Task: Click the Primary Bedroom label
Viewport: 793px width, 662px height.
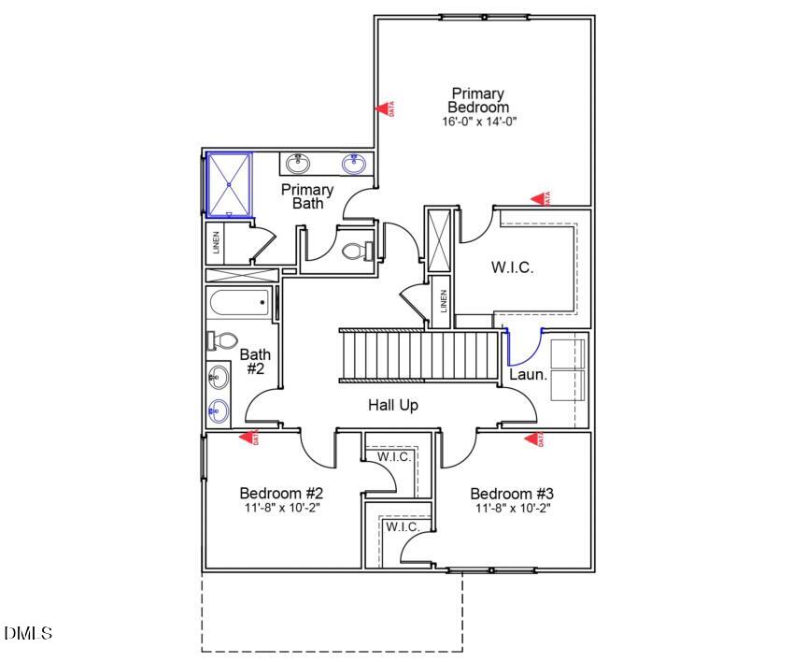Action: click(x=478, y=100)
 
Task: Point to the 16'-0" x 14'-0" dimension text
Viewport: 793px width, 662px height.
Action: click(x=479, y=122)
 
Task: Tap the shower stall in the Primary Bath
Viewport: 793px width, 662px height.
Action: click(x=229, y=183)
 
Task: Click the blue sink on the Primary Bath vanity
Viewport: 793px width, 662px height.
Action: click(x=354, y=165)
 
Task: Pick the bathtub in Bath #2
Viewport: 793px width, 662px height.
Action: click(x=240, y=303)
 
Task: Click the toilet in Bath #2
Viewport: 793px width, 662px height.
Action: click(x=222, y=340)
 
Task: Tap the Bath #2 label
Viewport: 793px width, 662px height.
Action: click(x=255, y=362)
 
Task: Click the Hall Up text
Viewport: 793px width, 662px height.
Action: click(x=391, y=405)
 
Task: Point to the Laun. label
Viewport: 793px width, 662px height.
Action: click(x=528, y=375)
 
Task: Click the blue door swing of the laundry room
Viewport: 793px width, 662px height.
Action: click(x=523, y=350)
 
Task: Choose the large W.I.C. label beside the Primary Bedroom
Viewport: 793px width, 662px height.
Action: click(x=512, y=267)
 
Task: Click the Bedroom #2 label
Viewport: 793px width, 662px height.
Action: click(x=281, y=494)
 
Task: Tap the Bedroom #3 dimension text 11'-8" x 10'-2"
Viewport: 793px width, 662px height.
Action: click(x=513, y=509)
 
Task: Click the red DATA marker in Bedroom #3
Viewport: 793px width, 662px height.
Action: click(x=534, y=439)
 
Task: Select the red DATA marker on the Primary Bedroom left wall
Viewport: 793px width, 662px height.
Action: click(x=385, y=108)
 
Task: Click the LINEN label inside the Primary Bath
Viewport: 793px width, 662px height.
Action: click(x=216, y=243)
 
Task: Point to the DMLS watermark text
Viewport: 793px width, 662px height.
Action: click(x=29, y=634)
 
